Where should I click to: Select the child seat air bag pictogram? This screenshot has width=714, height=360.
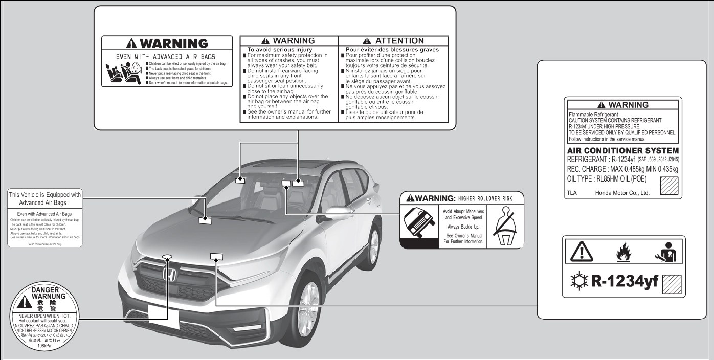pyautogui.click(x=123, y=74)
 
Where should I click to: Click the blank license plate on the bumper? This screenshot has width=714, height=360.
pyautogui.click(x=163, y=316)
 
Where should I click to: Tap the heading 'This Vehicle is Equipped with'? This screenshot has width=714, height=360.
pyautogui.click(x=45, y=195)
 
